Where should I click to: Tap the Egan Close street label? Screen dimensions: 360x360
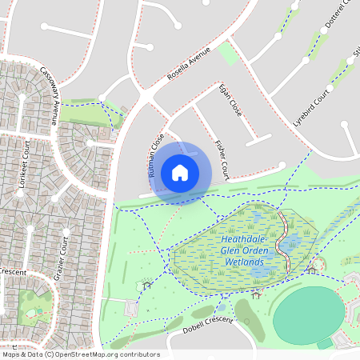(x=230, y=100)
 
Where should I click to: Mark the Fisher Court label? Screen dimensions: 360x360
(x=222, y=159)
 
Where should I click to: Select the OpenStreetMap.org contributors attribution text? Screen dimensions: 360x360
(x=108, y=354)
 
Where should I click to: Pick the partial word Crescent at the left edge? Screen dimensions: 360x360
(x=13, y=273)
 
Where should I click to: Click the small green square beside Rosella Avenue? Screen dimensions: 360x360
(x=228, y=54)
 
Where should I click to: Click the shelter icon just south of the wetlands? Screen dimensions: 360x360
(x=255, y=294)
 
